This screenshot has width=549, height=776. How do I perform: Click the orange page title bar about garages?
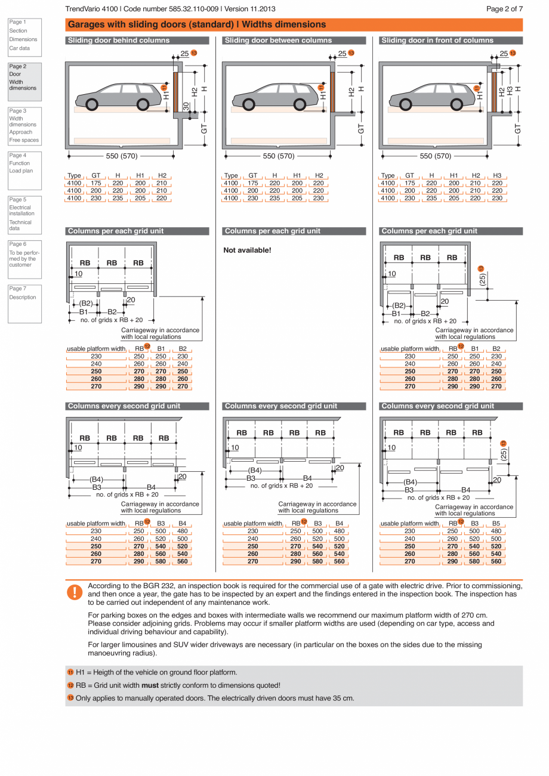click(294, 24)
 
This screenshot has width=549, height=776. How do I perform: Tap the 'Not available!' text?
click(247, 250)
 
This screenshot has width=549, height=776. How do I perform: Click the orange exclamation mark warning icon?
click(75, 592)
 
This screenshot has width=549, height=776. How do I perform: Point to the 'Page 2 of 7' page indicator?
click(504, 9)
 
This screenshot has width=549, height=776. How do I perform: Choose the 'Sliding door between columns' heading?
click(278, 41)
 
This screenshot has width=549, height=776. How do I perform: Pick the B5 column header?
click(496, 524)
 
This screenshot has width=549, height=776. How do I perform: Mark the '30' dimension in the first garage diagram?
click(186, 107)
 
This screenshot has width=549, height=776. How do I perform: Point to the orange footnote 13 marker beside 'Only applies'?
click(70, 698)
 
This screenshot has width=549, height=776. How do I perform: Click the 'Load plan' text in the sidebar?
click(21, 171)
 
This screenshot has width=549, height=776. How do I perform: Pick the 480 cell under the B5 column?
click(496, 531)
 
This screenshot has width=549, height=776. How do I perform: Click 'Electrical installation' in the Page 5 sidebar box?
click(21, 211)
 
